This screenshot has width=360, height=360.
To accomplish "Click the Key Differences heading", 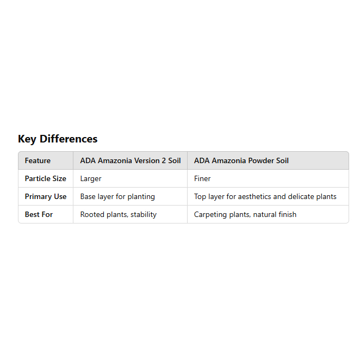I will click(58, 139).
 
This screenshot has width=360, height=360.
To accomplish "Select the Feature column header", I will click(38, 161).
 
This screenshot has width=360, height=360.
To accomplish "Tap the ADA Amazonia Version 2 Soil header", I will click(131, 161).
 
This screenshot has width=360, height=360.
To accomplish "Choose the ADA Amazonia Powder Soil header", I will click(241, 161).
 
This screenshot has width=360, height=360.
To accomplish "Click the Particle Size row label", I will click(46, 179).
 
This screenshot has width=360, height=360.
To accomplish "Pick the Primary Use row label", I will click(46, 197).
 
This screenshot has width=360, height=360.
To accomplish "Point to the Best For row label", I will click(39, 215).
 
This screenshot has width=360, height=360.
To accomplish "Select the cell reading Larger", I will click(91, 179).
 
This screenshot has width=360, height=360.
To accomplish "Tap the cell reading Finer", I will click(202, 179).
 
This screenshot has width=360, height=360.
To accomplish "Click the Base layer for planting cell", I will click(117, 197).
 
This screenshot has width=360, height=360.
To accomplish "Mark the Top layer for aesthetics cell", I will click(265, 197).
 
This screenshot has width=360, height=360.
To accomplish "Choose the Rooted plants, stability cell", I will click(118, 215).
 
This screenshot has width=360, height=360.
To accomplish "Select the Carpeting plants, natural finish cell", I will click(245, 215).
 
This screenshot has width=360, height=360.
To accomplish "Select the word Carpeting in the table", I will click(210, 215).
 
